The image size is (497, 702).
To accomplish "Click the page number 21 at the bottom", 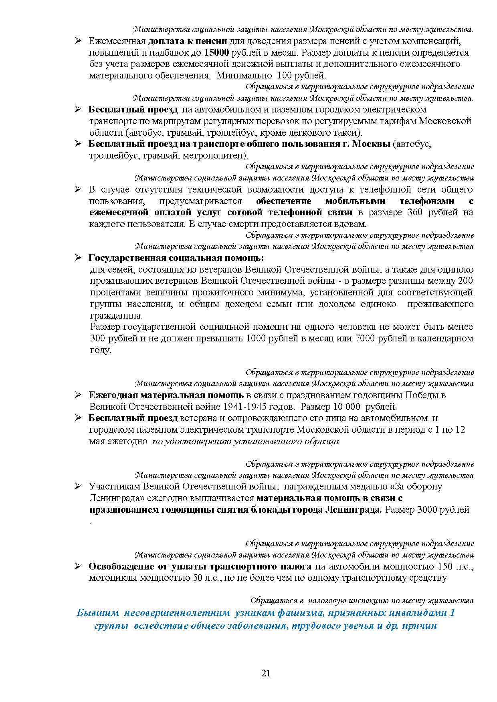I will pyautogui.click(x=266, y=673).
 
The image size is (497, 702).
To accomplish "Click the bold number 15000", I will pyautogui.click(x=216, y=52).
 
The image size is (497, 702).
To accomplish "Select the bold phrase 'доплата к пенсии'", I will pyautogui.click(x=188, y=41).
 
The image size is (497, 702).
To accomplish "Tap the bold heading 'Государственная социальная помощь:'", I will pyautogui.click(x=176, y=258).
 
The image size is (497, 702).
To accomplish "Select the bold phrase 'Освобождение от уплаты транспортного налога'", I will pyautogui.click(x=200, y=567).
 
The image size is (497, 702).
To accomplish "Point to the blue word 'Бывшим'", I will pyautogui.click(x=98, y=613).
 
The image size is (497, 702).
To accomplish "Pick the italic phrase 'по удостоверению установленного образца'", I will pyautogui.click(x=246, y=442).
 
